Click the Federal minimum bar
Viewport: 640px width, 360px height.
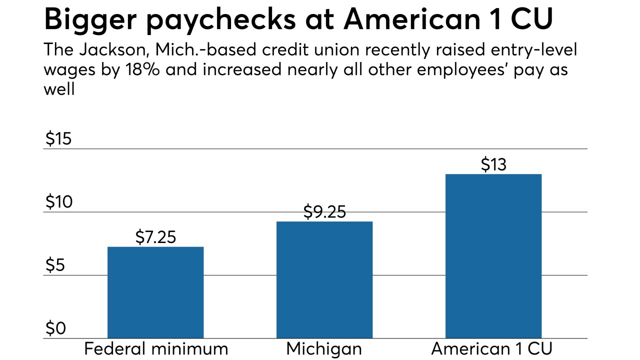(155, 292)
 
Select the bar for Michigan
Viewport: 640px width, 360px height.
(324, 280)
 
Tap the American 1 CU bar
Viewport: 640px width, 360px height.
(493, 256)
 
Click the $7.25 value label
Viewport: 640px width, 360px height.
(155, 237)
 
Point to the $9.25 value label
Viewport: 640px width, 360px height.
(324, 212)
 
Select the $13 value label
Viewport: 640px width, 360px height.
(493, 164)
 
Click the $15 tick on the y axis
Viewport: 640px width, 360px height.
(58, 139)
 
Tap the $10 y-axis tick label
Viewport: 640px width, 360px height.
(58, 202)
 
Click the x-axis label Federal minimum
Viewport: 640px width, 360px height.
(155, 349)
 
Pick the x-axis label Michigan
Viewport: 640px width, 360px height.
(324, 349)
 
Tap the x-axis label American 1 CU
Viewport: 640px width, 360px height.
(493, 349)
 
